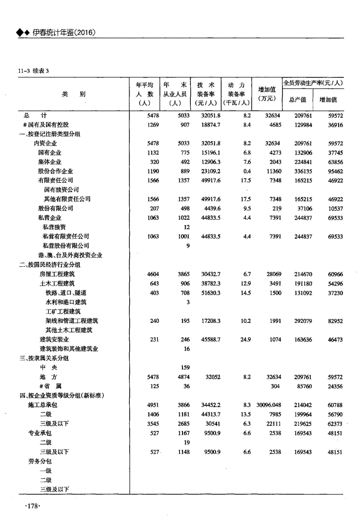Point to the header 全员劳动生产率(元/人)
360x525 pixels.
[313, 83]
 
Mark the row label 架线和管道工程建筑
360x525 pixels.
[72, 320]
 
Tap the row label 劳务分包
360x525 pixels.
[40, 461]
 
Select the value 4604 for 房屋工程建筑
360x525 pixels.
[151, 274]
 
